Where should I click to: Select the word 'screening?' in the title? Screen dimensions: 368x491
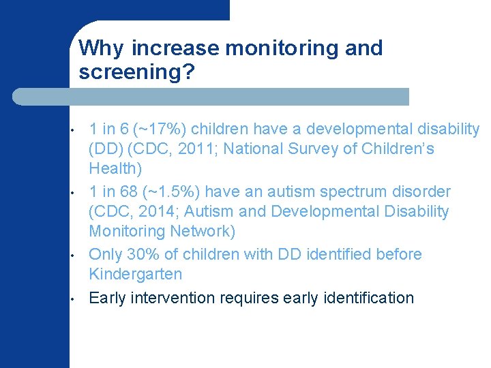[x=137, y=72]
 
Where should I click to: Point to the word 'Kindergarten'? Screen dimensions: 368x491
[x=136, y=275]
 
